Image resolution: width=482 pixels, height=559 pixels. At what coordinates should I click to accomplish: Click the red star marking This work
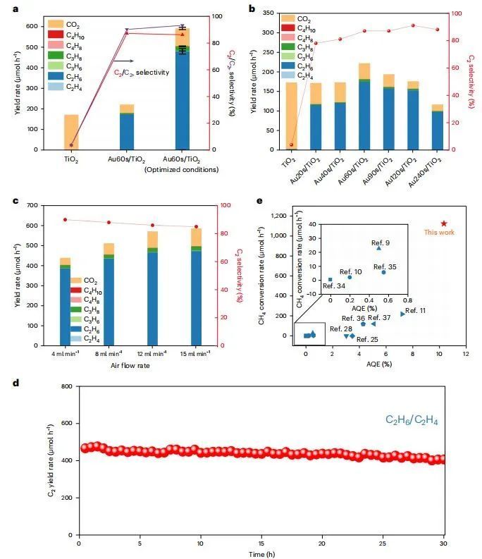pos(443,223)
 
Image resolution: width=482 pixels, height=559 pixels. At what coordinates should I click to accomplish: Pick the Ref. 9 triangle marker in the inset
pos(378,248)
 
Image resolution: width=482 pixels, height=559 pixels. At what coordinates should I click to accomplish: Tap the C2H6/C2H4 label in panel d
pos(412,420)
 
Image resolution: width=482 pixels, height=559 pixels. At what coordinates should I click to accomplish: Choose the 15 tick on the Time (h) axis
pos(261,543)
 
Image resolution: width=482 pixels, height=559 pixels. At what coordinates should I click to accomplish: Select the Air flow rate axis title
pos(133,366)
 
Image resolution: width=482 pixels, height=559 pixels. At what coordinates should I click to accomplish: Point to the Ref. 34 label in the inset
pos(334,285)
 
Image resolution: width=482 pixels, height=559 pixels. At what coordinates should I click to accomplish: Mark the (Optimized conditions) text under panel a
pos(181,169)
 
